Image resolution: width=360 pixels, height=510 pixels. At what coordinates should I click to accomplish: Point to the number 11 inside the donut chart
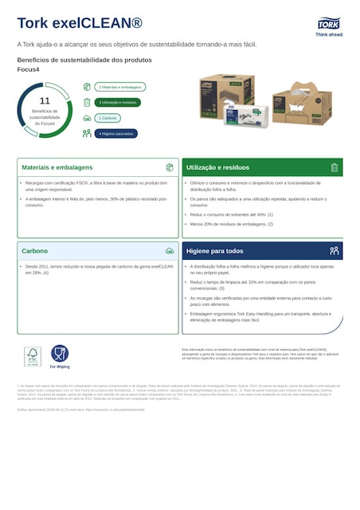coord(45,101)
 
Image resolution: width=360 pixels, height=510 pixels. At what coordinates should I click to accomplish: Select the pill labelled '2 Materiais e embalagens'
coord(119,87)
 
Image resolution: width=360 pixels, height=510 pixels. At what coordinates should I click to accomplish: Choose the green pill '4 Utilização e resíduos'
coord(118,102)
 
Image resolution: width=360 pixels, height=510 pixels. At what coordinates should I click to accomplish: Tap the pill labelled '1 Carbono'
coord(108,118)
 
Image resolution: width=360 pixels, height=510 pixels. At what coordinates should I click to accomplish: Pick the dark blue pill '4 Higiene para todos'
coord(116,133)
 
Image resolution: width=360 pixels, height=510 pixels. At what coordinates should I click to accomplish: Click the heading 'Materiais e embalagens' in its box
coord(57,168)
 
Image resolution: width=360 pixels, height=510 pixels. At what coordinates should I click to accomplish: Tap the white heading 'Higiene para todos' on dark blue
coord(215,250)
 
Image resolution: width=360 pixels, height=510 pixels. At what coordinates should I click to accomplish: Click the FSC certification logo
coord(32,356)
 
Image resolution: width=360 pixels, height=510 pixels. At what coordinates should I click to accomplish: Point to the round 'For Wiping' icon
coord(60,353)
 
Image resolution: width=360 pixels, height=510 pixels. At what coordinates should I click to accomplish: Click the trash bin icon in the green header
coord(335,167)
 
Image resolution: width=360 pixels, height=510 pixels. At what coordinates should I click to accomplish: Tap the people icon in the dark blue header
coord(335,250)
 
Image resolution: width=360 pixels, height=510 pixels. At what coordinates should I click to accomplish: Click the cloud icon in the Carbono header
coord(170,250)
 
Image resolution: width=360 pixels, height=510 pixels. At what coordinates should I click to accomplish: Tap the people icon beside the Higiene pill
coord(87,133)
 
